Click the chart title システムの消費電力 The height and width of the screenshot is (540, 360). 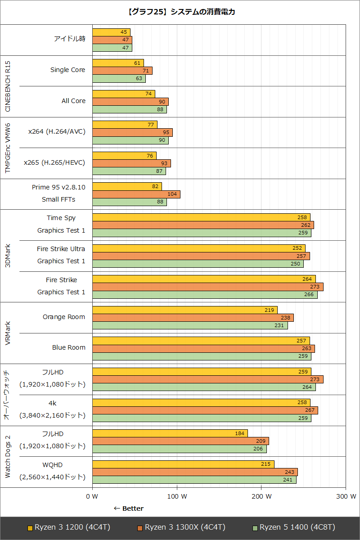tap(180, 12)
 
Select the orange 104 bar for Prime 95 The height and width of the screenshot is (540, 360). tap(136, 194)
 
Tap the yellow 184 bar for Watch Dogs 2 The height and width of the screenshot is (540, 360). tap(170, 433)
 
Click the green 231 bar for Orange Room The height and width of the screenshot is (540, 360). tap(189, 325)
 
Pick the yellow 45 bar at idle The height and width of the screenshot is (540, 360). tap(111, 32)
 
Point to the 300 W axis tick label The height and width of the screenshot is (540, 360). tap(346, 496)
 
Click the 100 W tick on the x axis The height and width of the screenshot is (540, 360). tap(177, 496)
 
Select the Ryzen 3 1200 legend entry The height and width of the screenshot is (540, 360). tap(68, 527)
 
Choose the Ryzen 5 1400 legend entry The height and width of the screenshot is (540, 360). tap(294, 527)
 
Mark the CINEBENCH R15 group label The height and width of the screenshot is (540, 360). tap(7, 86)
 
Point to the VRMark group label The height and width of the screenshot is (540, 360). tap(7, 333)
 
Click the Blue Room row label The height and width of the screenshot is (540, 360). tap(68, 347)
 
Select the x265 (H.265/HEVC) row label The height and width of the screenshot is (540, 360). tap(54, 162)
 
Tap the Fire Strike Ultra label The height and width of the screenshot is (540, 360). tap(61, 248)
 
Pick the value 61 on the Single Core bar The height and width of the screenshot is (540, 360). tap(139, 63)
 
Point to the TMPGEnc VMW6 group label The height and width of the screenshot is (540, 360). tap(7, 148)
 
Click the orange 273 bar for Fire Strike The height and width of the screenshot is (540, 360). tap(207, 287)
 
